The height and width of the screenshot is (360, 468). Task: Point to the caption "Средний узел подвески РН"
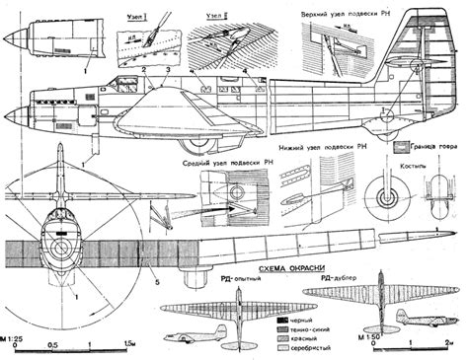(220, 164)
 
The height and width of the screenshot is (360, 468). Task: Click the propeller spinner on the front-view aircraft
(61, 235)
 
